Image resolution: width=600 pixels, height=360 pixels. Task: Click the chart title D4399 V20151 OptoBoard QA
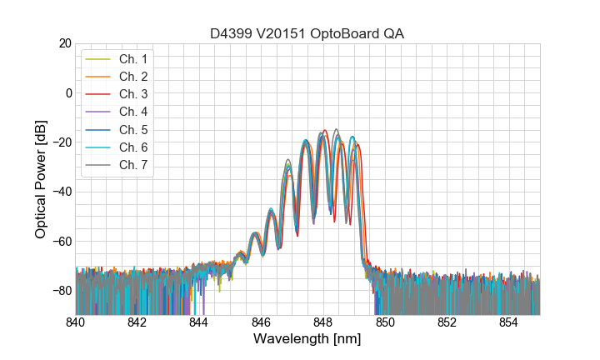[x=307, y=33]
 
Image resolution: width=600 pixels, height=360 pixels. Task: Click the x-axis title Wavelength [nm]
[x=307, y=340]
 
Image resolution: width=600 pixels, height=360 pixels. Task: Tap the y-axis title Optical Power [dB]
[x=41, y=178]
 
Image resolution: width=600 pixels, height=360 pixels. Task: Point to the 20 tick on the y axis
[x=64, y=43]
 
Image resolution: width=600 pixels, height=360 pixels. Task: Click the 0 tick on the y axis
[x=68, y=92]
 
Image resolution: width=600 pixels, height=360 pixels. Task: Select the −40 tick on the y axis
[x=61, y=192]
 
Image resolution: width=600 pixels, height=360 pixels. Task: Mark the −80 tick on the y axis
[x=61, y=291]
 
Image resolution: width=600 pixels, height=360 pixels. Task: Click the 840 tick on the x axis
[x=76, y=322]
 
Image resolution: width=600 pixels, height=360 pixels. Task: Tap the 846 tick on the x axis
[x=261, y=322]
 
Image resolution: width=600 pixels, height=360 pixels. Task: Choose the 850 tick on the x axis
[x=385, y=322]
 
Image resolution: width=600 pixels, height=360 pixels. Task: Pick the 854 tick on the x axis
[x=508, y=322]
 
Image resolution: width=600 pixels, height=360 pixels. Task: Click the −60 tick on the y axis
[x=61, y=242]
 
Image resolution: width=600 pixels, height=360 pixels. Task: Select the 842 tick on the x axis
[x=137, y=322]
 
